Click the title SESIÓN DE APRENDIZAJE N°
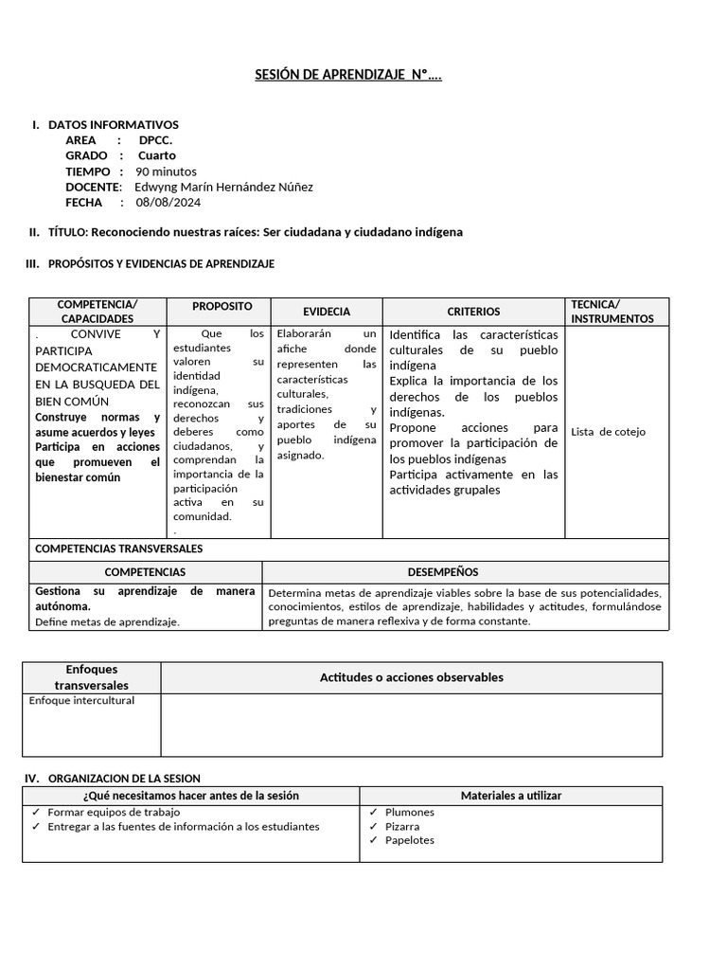coord(347,76)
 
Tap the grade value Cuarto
coord(157,155)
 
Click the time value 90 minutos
coord(167,171)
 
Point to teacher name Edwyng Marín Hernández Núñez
coord(223,187)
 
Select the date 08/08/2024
coord(168,202)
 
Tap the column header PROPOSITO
coord(222,307)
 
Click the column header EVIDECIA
coord(327,312)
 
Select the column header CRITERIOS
coord(473,312)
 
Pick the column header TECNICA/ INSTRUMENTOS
coord(612,312)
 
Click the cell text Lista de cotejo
coord(608,432)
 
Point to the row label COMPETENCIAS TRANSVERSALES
coord(118,548)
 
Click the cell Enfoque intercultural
coord(82,701)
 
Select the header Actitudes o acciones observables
coord(411,677)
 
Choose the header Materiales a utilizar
coord(510,796)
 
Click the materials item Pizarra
coord(402,826)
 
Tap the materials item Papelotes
coord(410,840)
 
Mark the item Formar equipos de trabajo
coord(114,812)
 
